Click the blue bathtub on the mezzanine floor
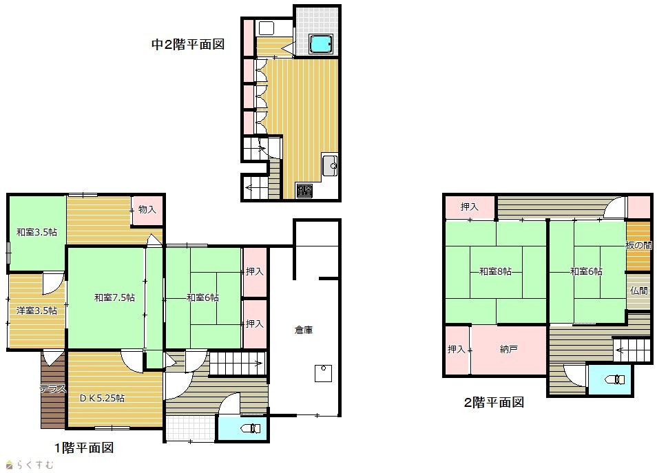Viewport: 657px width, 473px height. (x=321, y=43)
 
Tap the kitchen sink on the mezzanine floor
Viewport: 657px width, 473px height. (x=330, y=165)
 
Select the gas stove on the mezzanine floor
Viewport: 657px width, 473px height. (x=304, y=191)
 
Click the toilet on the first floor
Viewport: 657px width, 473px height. (x=251, y=428)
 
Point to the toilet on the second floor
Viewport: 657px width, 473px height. (x=615, y=379)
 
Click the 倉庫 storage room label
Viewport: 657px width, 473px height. (x=303, y=330)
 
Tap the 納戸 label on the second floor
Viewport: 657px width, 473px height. (x=509, y=349)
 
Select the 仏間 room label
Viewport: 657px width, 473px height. (x=639, y=291)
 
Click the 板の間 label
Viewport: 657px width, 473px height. (x=639, y=246)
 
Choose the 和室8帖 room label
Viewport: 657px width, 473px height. (x=495, y=271)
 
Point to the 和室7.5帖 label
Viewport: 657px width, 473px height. (x=114, y=298)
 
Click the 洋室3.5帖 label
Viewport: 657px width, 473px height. (x=36, y=311)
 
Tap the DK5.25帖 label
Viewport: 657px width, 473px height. (x=102, y=398)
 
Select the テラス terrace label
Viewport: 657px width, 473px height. (x=53, y=388)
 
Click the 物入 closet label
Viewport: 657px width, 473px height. (x=147, y=209)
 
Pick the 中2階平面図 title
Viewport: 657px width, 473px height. (x=188, y=45)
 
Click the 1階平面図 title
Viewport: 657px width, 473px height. (x=84, y=448)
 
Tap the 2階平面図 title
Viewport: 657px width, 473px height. (x=494, y=403)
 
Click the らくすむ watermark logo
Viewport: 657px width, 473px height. (x=30, y=465)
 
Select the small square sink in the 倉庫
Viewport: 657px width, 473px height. (x=324, y=373)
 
